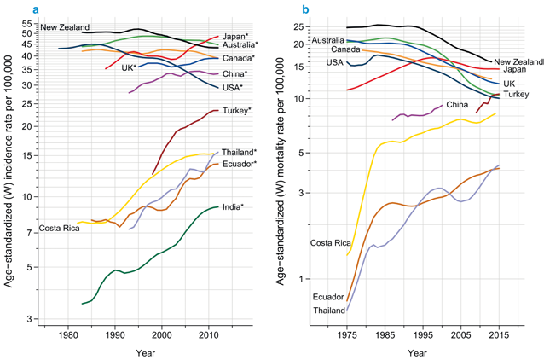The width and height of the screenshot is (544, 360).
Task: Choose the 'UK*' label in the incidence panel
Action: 129,67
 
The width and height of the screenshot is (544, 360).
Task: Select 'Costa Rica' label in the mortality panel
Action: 332,243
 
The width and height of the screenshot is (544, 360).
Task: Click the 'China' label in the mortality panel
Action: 457,105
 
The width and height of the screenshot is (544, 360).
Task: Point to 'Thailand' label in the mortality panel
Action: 328,310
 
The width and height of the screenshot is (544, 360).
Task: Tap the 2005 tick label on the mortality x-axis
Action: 461,336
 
